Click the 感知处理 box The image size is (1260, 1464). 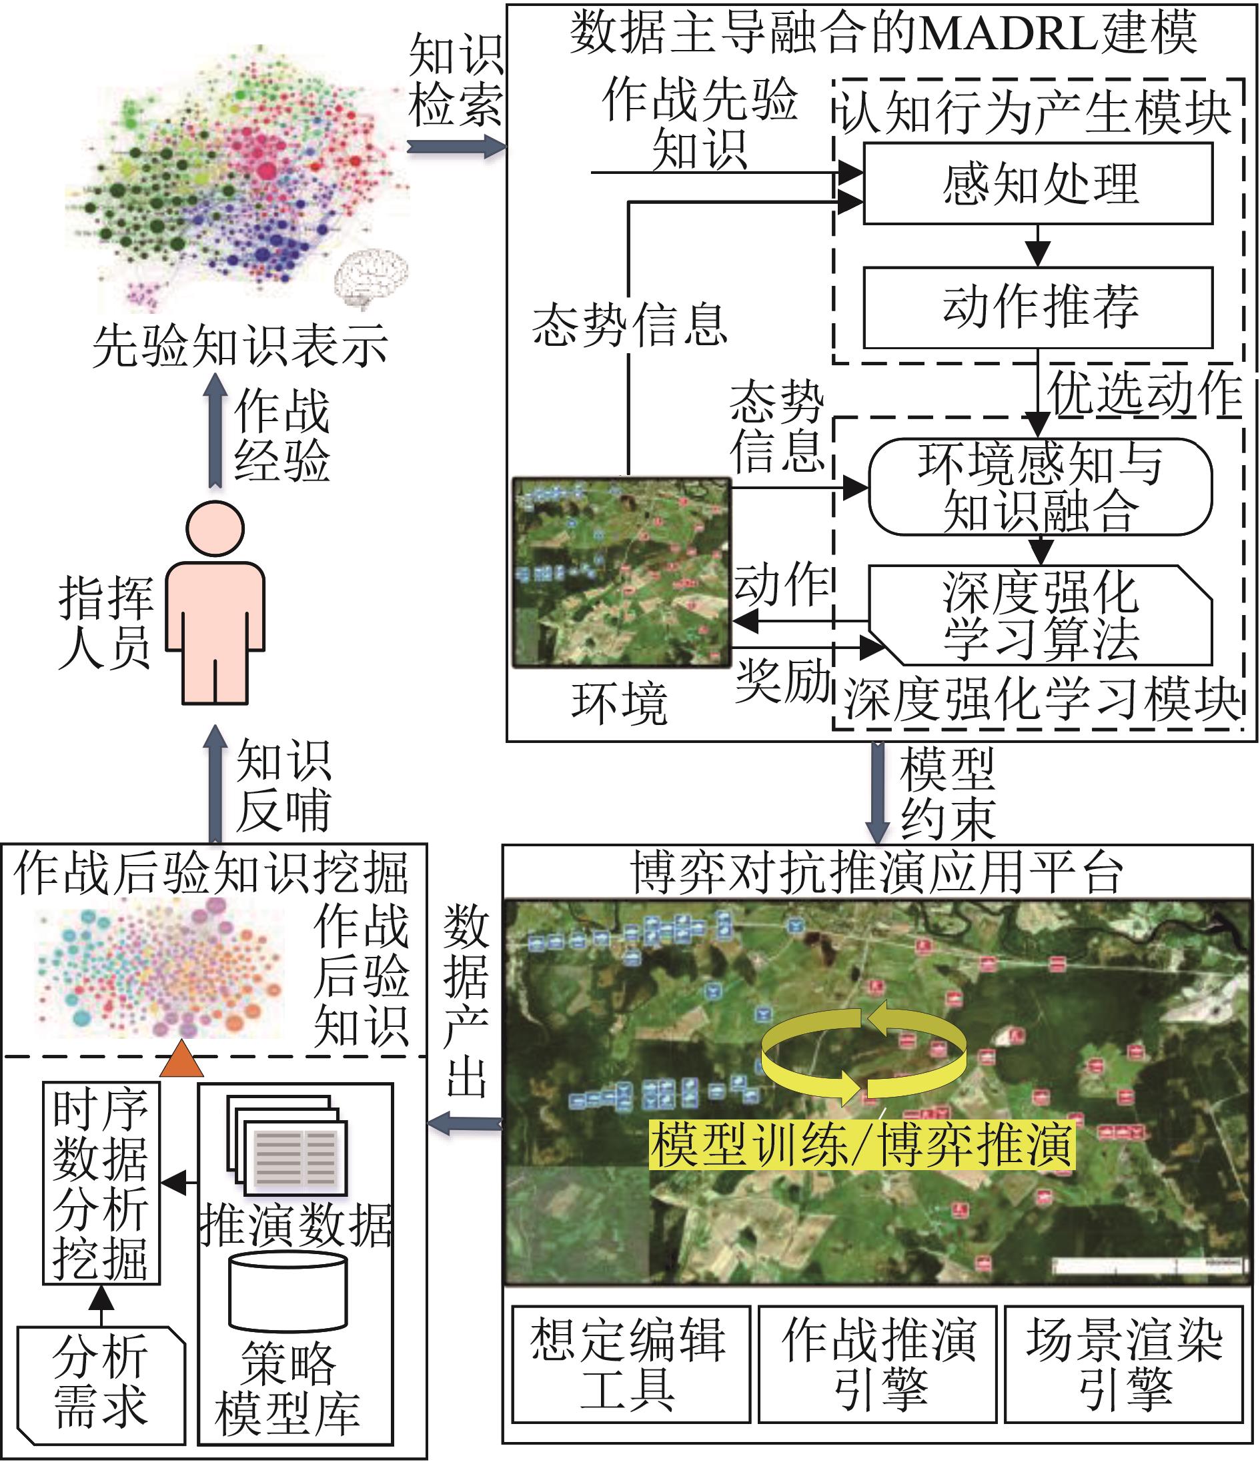click(x=1038, y=184)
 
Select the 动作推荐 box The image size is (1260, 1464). click(x=1038, y=307)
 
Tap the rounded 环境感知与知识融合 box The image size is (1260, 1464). click(x=1039, y=487)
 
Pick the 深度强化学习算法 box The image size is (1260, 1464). click(x=1039, y=614)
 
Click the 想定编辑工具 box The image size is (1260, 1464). click(x=630, y=1363)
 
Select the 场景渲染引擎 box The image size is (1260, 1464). click(x=1123, y=1363)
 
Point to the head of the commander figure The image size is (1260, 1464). click(x=215, y=528)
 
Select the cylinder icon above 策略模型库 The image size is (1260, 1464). click(x=287, y=1292)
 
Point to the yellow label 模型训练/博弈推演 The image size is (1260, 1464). click(x=862, y=1144)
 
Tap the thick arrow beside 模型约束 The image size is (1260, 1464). click(x=878, y=792)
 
